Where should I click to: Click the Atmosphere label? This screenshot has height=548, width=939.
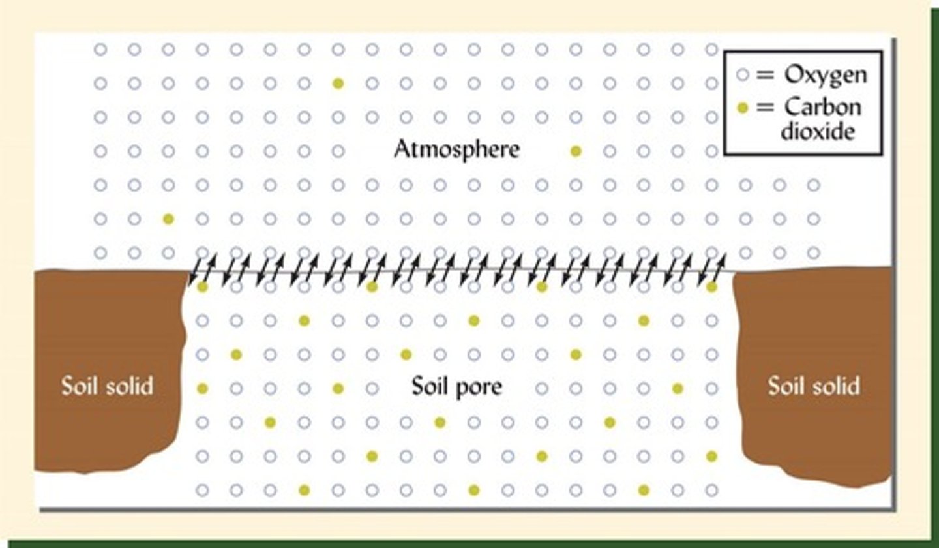[x=456, y=150]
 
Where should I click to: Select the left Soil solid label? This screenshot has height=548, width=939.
[x=107, y=386]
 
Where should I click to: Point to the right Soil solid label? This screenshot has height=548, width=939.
[x=814, y=386]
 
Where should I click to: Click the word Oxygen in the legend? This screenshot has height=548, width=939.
[x=826, y=74]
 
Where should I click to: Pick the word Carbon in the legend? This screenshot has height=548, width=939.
[x=823, y=106]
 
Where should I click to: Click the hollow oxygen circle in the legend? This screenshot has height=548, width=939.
[x=741, y=74]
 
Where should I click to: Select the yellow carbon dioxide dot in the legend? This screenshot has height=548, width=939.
[x=741, y=107]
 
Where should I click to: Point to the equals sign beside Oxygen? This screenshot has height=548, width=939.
[x=763, y=74]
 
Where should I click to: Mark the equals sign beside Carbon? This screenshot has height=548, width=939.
[x=763, y=107]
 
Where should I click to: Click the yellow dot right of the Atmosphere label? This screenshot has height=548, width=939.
[x=576, y=151]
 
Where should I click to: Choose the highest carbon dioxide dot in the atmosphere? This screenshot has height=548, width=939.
[x=338, y=83]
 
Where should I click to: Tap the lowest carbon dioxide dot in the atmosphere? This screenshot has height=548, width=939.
[x=168, y=219]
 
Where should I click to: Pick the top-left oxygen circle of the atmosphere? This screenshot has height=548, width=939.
[x=100, y=49]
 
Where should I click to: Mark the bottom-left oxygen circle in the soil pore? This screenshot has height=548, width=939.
[x=202, y=490]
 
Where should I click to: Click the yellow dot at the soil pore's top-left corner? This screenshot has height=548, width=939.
[x=202, y=287]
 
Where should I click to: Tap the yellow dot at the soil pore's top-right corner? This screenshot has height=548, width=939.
[x=711, y=287]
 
